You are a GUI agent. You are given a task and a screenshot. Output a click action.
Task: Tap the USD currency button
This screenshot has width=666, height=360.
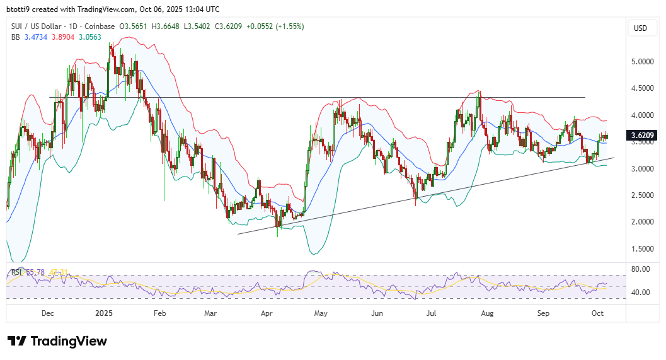click(x=640, y=28)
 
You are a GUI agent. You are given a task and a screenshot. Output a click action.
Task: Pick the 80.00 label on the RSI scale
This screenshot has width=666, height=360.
click(x=640, y=269)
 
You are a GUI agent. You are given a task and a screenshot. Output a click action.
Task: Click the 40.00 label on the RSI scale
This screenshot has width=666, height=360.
click(x=640, y=293)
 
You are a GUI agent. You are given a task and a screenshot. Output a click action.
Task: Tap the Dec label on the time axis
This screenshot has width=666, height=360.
click(x=47, y=313)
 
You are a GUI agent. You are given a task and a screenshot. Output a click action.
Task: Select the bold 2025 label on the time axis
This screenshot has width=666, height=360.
click(x=104, y=313)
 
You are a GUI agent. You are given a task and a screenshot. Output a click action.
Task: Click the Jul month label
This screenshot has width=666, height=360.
click(x=432, y=313)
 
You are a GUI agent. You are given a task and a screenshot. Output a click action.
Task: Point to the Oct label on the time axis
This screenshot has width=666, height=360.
click(x=598, y=313)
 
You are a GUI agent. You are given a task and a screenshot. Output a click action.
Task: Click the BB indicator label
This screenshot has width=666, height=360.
click(x=16, y=37)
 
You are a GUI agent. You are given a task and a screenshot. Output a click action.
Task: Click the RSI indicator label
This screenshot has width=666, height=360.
click(x=17, y=272)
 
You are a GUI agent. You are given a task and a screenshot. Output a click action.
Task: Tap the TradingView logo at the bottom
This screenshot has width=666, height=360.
click(x=57, y=341)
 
